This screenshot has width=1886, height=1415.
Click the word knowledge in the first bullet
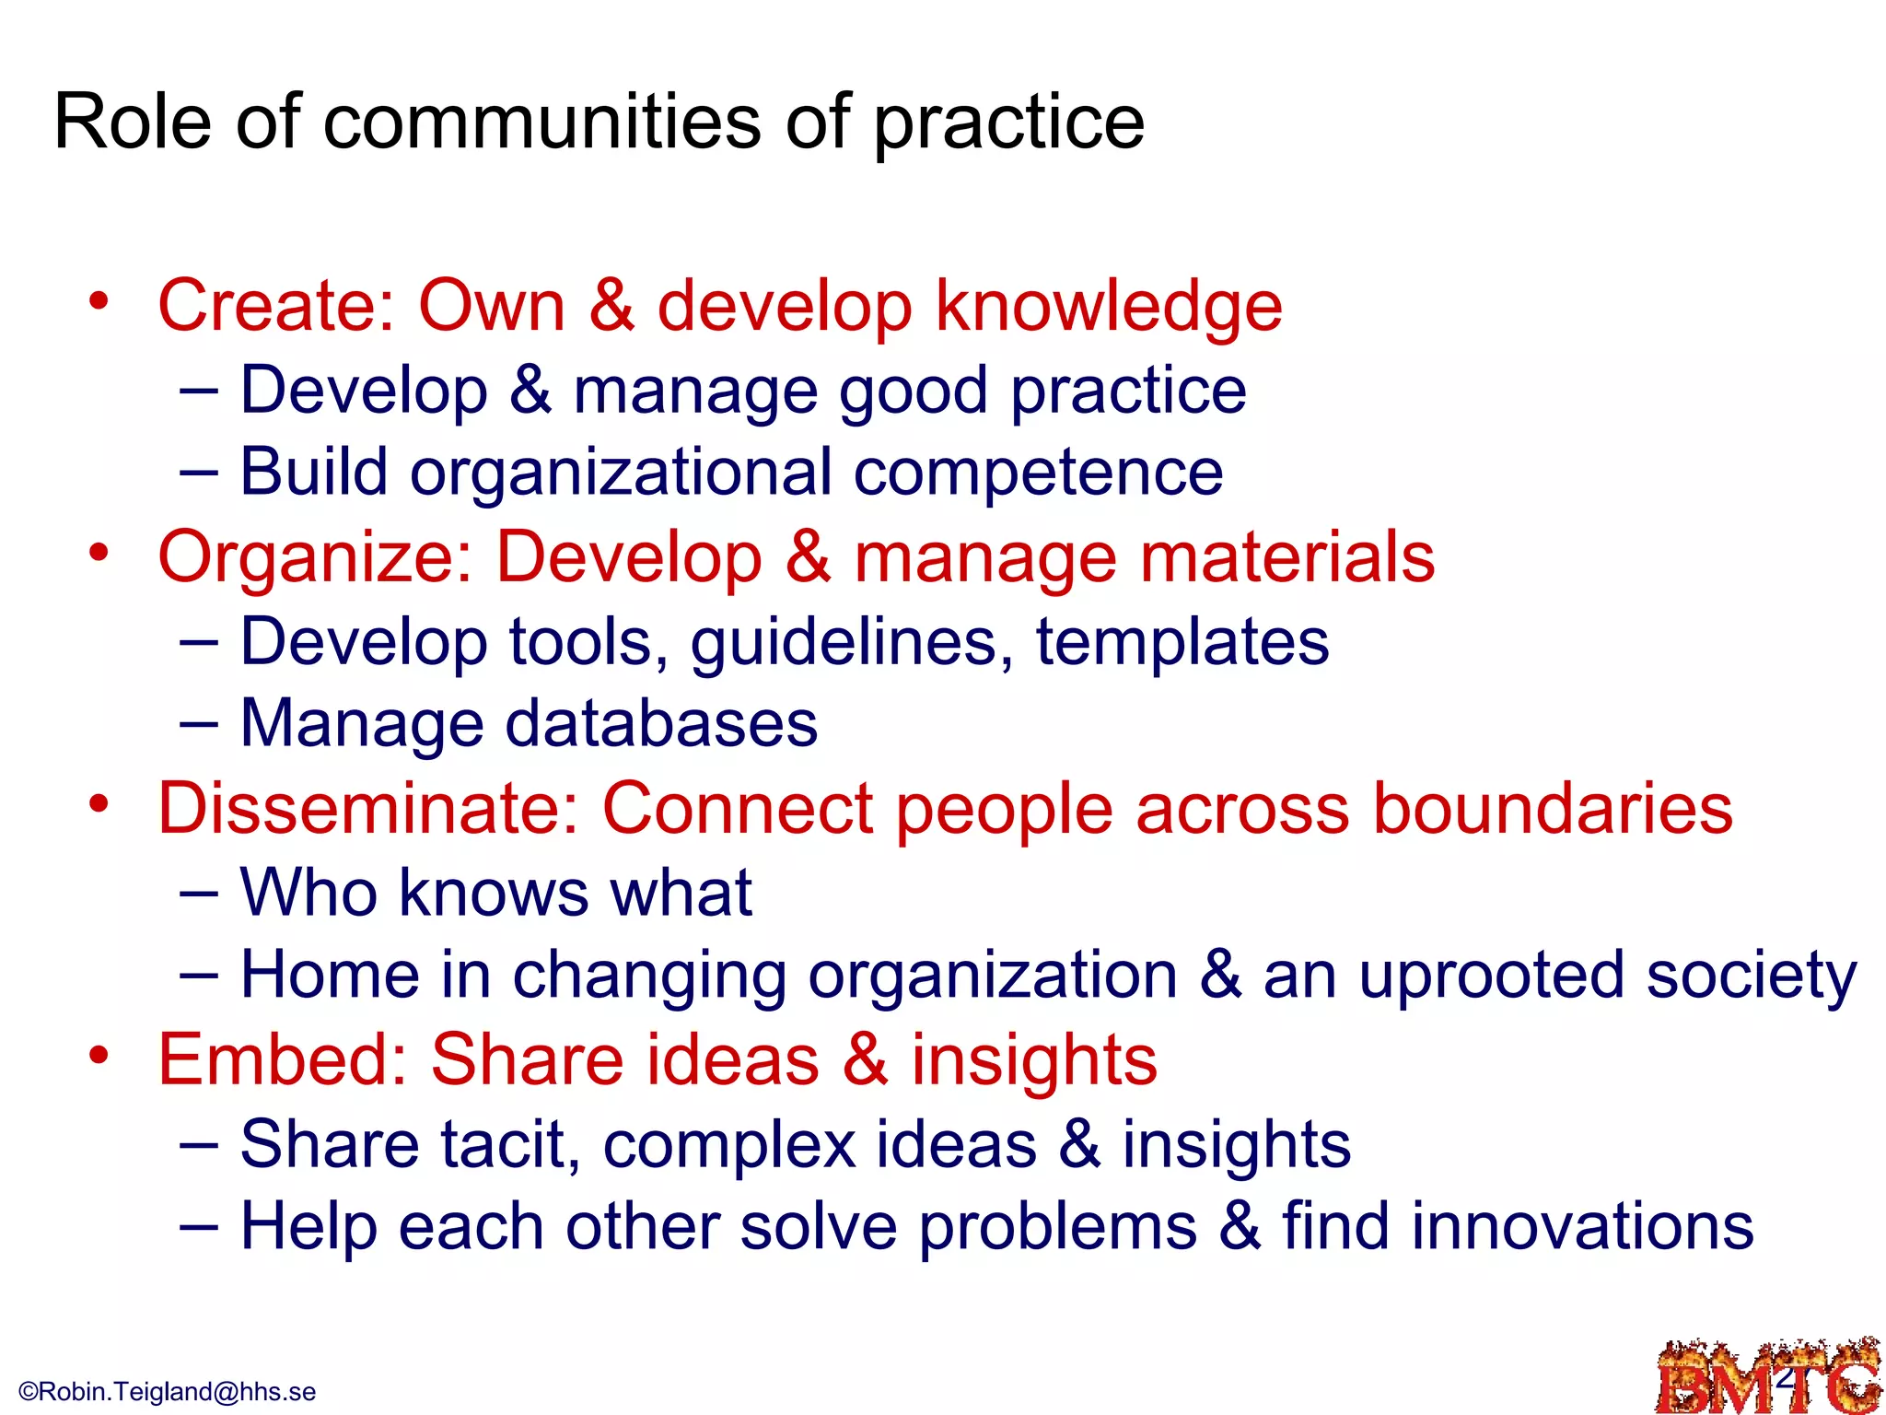(1109, 308)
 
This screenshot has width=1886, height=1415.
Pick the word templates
(1182, 642)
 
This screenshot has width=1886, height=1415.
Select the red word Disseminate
(368, 809)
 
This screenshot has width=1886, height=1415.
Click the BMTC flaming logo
(1767, 1378)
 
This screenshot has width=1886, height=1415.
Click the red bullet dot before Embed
(99, 1054)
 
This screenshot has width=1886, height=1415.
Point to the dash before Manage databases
(199, 723)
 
